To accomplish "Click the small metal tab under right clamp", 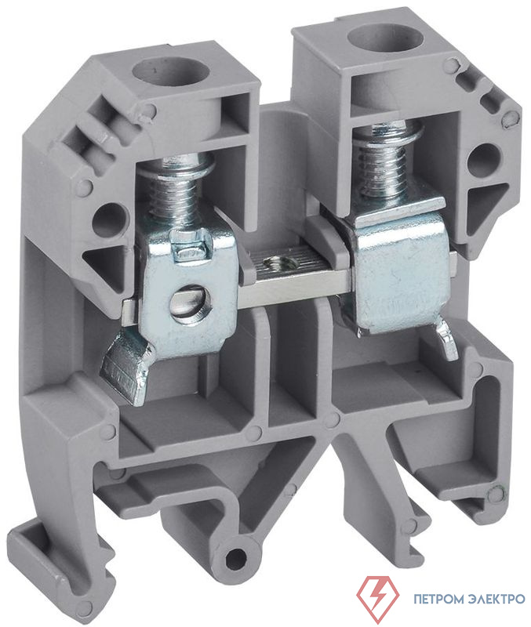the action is [446, 340].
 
